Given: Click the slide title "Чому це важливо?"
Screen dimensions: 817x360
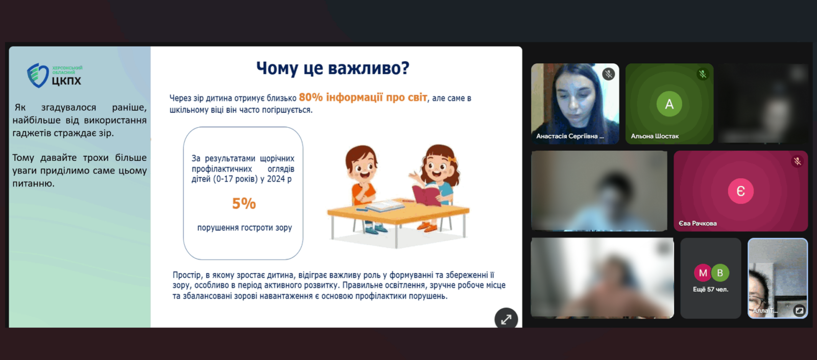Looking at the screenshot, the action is coord(332,68).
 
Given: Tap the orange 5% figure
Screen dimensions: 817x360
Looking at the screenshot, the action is coord(244,204).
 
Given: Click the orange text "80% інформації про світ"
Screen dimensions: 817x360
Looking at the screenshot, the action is coord(363,98).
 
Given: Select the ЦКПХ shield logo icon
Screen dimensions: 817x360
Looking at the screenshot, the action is coord(38,76).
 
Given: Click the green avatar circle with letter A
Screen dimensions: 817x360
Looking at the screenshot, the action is coord(669,104).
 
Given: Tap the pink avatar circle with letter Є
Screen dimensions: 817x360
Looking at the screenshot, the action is coord(741,191).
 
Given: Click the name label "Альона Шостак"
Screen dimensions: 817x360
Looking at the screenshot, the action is coord(655,136).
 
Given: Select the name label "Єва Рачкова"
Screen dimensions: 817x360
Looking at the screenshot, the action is coord(698,223).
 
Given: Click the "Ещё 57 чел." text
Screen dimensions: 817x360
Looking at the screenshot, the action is coord(710,289).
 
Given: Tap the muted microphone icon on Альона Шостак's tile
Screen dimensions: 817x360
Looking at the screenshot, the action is coord(703,74).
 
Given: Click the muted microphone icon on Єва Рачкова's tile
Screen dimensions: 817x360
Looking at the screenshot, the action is coord(797,161).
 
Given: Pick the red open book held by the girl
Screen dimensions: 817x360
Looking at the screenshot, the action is coord(426,194).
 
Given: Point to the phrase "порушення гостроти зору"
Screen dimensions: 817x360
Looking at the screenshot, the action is coord(245,228).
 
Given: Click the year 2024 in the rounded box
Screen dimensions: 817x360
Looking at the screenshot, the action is coord(276,179).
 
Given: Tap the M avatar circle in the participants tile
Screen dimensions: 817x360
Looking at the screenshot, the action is coord(703,273).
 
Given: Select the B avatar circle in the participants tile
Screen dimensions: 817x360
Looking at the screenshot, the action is coord(720,273).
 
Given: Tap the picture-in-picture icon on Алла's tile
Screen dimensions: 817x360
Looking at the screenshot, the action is coord(799,310).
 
